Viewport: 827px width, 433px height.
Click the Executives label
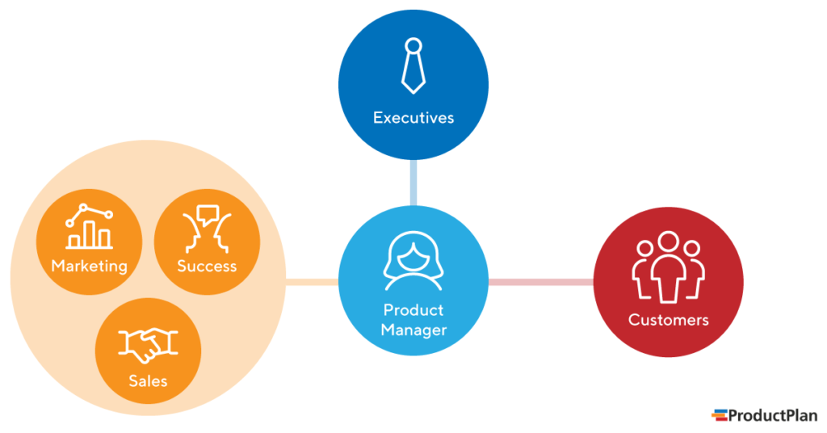click(x=413, y=118)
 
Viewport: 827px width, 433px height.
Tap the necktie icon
click(x=413, y=64)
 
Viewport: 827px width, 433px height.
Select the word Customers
click(x=668, y=320)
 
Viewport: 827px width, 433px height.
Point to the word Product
click(x=413, y=310)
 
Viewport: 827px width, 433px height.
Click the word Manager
click(x=413, y=330)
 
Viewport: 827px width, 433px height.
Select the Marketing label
click(x=89, y=266)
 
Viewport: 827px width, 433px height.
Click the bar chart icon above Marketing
click(x=89, y=227)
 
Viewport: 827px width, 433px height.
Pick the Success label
click(x=207, y=266)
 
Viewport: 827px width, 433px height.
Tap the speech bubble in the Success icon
click(x=208, y=216)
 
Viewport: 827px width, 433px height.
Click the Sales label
click(x=148, y=380)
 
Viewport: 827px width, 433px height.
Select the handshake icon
click(x=148, y=345)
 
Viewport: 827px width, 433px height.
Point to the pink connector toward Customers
click(x=541, y=282)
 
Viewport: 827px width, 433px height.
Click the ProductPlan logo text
click(x=773, y=415)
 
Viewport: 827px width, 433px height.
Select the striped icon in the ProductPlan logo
click(x=719, y=415)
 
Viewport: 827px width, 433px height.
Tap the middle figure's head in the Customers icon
click(x=668, y=242)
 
